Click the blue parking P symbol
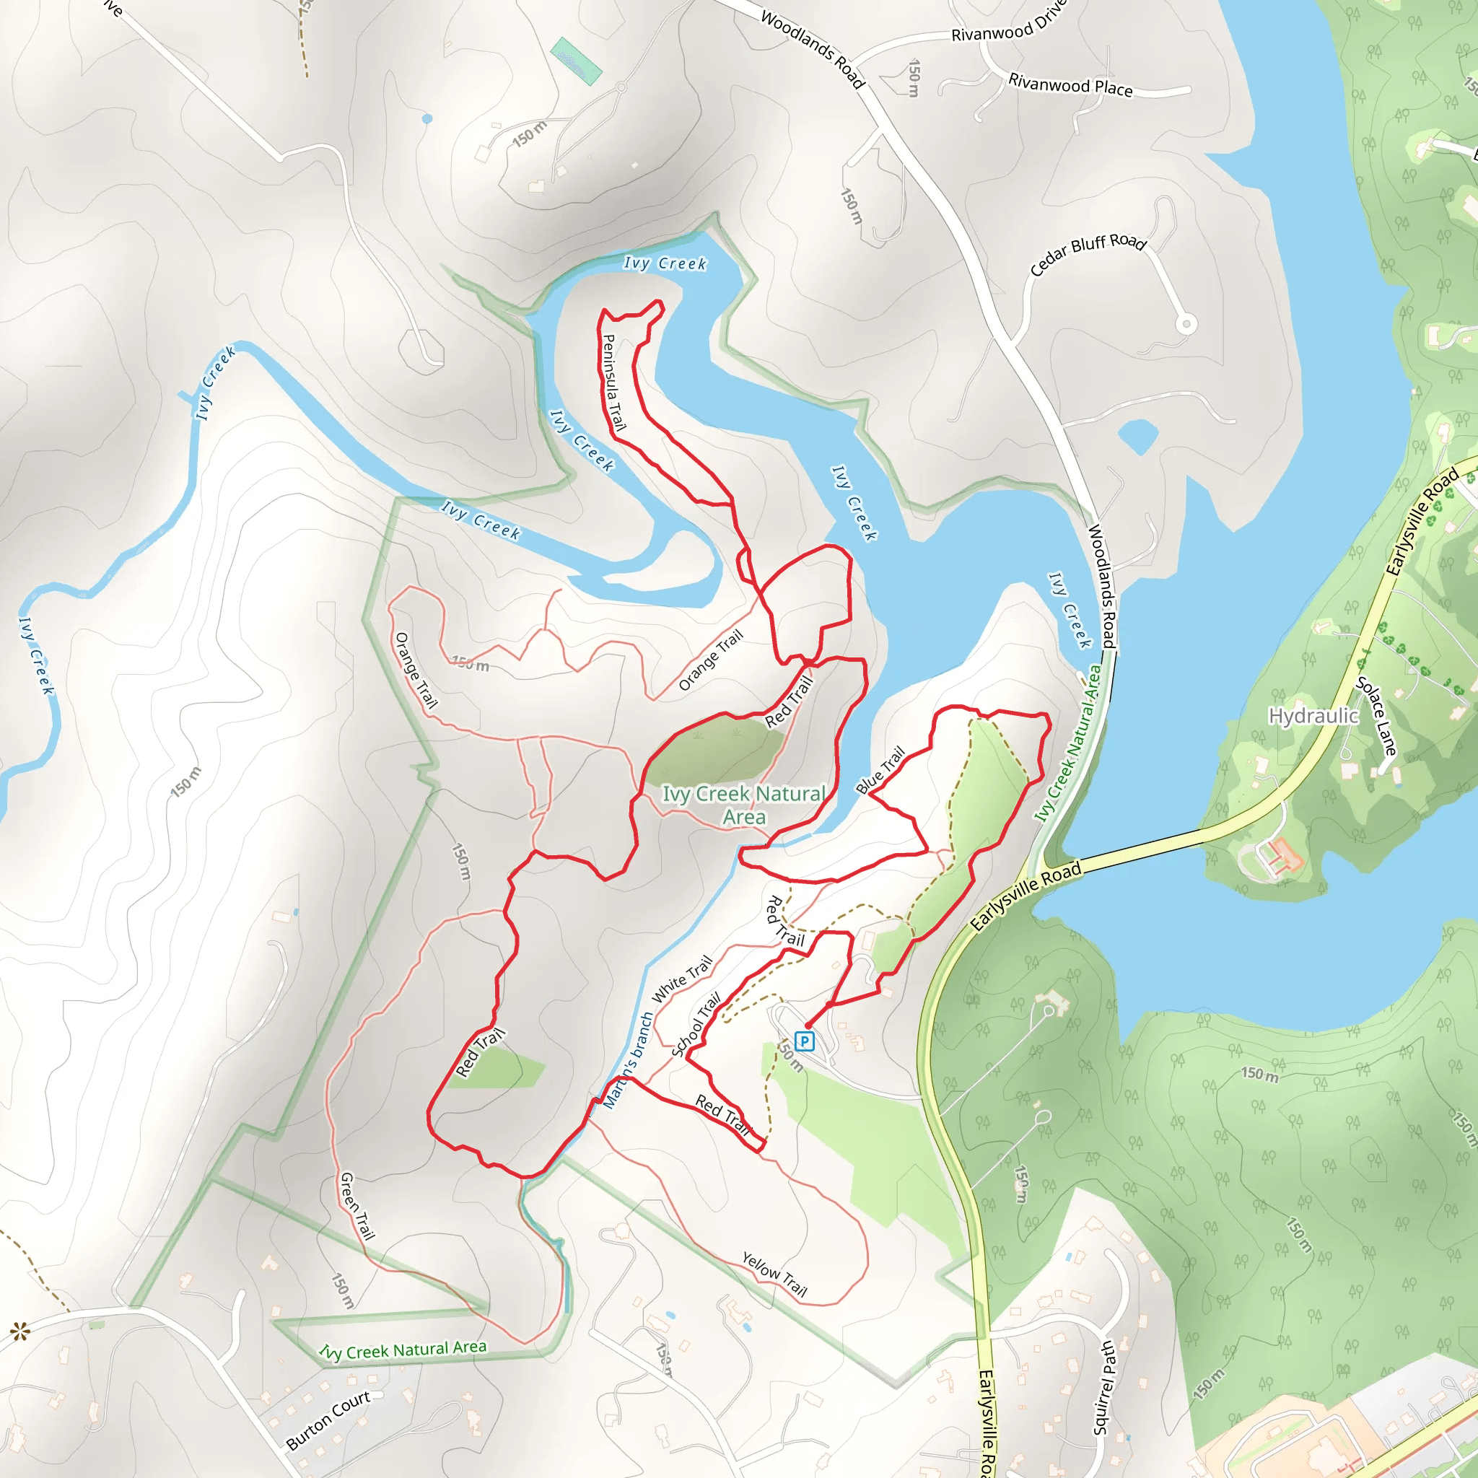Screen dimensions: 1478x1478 pyautogui.click(x=804, y=1041)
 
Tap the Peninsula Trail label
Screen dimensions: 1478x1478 pyautogui.click(x=613, y=382)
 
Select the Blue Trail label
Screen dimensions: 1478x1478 pyautogui.click(x=880, y=770)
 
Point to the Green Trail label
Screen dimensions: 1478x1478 pyautogui.click(x=357, y=1206)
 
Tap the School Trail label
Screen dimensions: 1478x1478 pyautogui.click(x=696, y=1025)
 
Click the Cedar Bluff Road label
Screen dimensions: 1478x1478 pyautogui.click(x=1087, y=254)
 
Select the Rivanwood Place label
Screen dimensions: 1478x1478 pyautogui.click(x=1070, y=84)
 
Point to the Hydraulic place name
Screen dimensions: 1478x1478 pyautogui.click(x=1313, y=716)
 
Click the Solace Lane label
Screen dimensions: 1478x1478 pyautogui.click(x=1376, y=716)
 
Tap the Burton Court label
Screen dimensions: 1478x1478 pyautogui.click(x=328, y=1419)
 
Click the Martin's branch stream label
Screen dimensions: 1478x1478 pyautogui.click(x=627, y=1060)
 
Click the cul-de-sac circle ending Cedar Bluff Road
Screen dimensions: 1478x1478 pyautogui.click(x=1186, y=324)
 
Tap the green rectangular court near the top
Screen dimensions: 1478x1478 pyautogui.click(x=576, y=61)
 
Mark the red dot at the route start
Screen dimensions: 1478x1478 pyautogui.click(x=808, y=1025)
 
